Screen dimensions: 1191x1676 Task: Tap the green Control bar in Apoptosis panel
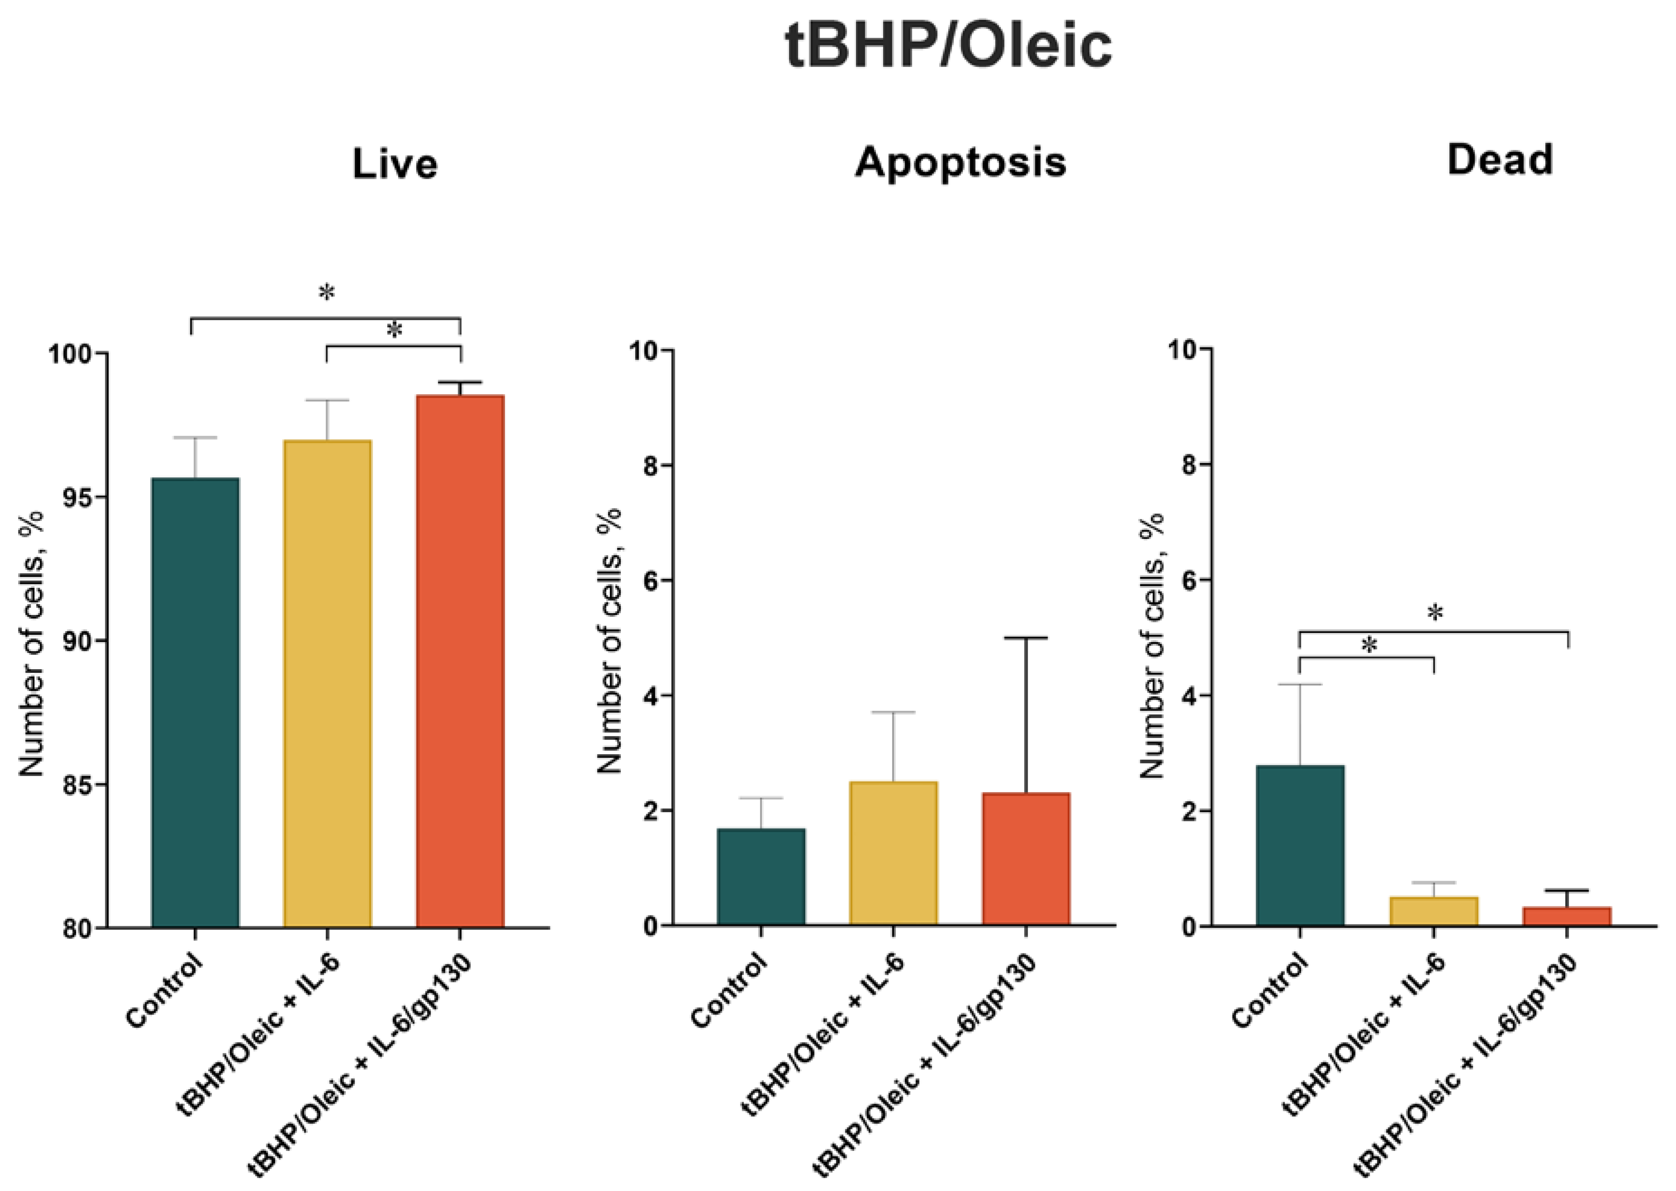coord(761,877)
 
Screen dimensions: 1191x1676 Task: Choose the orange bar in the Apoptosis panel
coord(1026,859)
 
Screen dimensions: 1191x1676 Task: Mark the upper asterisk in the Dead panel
coord(1435,612)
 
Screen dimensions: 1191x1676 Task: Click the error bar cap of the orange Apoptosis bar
coord(1026,638)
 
